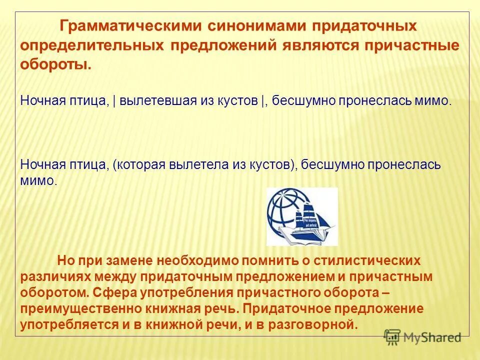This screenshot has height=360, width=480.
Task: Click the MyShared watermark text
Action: click(x=432, y=337)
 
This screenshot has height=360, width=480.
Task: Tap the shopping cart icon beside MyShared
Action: click(x=393, y=337)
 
